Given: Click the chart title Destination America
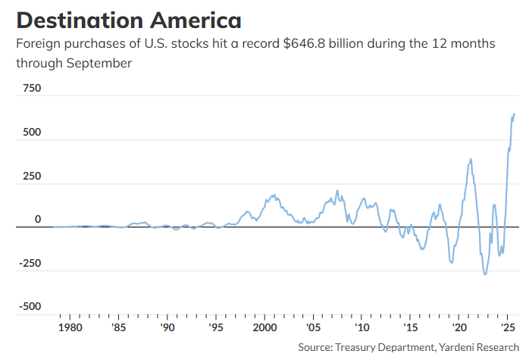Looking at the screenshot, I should click(128, 19).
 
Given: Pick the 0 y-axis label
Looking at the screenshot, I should click(37, 219).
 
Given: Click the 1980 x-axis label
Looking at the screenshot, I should click(70, 328).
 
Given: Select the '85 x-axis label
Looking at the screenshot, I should click(119, 328).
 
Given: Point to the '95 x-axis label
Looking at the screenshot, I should click(216, 328).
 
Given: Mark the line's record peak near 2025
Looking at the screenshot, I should click(514, 114).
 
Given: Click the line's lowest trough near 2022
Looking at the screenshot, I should click(485, 274).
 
